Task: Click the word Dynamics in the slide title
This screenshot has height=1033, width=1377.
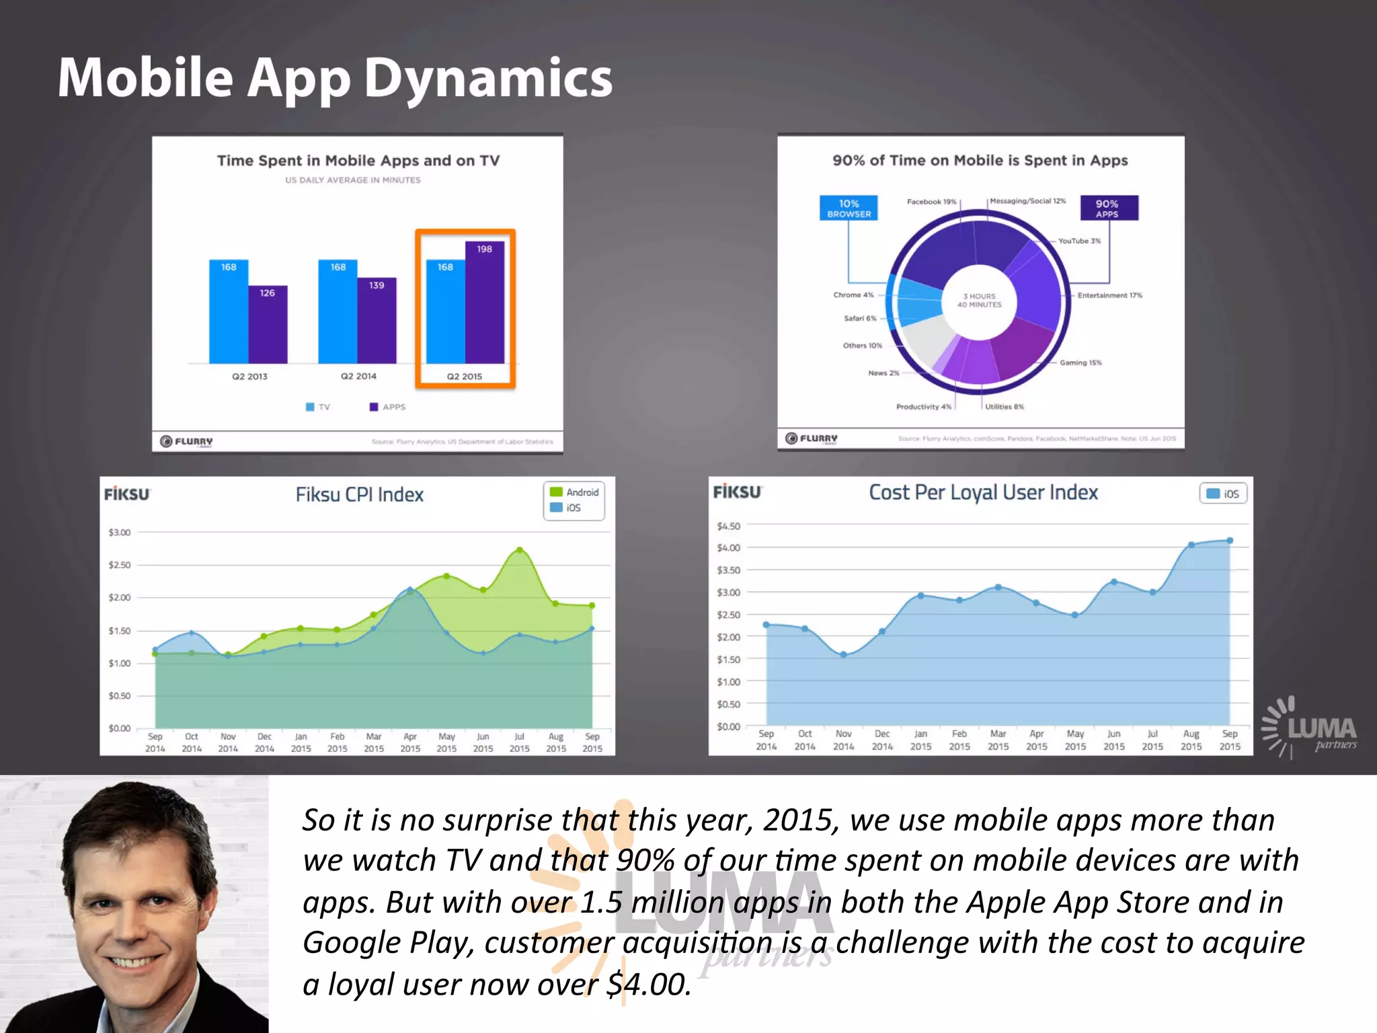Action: [x=487, y=79]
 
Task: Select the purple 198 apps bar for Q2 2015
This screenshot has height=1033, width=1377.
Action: [x=485, y=303]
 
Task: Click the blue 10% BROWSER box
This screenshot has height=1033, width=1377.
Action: [x=849, y=208]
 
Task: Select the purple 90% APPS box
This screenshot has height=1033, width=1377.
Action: [x=1109, y=208]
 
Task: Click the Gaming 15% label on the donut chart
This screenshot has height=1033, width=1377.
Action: [x=1080, y=362]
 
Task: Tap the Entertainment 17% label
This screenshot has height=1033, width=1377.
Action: [x=1109, y=295]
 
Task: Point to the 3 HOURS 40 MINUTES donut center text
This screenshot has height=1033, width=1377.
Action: [x=980, y=301]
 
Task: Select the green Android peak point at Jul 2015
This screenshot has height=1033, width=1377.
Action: [x=519, y=550]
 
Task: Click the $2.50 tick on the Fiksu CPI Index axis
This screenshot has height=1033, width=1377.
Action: [x=120, y=565]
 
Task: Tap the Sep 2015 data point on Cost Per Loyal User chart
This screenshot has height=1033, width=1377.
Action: [x=1230, y=541]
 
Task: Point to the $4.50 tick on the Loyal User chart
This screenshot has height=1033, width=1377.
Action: [x=729, y=526]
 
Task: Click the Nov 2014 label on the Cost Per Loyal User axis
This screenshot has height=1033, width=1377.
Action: [x=843, y=740]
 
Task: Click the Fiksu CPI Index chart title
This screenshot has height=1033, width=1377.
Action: [x=360, y=495]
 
